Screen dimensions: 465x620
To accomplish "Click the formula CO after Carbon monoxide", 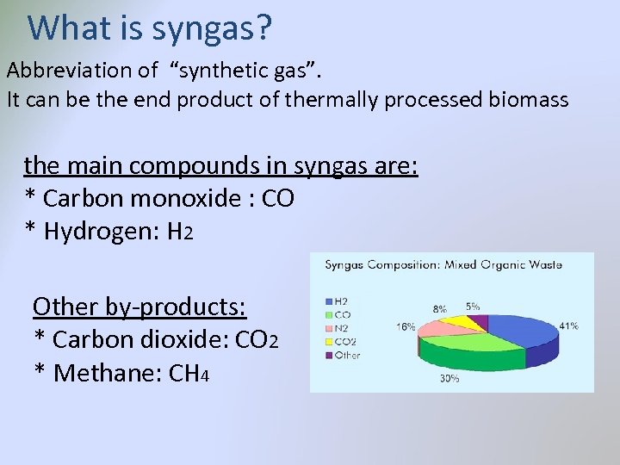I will click(277, 198).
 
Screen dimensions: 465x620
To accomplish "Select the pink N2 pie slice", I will click(439, 326).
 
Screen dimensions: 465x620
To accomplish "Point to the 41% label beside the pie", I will click(568, 326).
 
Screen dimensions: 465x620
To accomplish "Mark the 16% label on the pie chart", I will click(406, 327).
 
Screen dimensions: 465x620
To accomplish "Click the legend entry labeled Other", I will click(346, 354).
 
